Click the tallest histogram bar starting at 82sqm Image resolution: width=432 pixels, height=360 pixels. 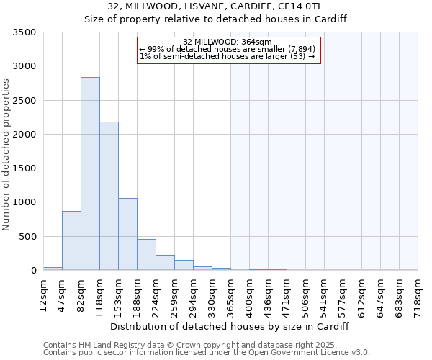click(90, 174)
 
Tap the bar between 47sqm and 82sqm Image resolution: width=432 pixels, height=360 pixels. click(71, 240)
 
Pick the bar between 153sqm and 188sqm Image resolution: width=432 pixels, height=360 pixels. click(127, 234)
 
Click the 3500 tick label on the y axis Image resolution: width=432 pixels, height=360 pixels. click(24, 33)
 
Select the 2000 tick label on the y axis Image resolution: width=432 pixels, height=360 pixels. click(24, 135)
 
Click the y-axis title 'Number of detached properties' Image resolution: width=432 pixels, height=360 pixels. click(6, 156)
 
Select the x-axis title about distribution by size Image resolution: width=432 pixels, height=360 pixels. click(230, 326)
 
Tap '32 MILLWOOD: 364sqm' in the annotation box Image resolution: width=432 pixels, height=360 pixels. click(227, 42)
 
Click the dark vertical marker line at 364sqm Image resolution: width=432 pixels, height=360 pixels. click(230, 166)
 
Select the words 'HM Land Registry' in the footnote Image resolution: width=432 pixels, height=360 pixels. click(110, 345)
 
